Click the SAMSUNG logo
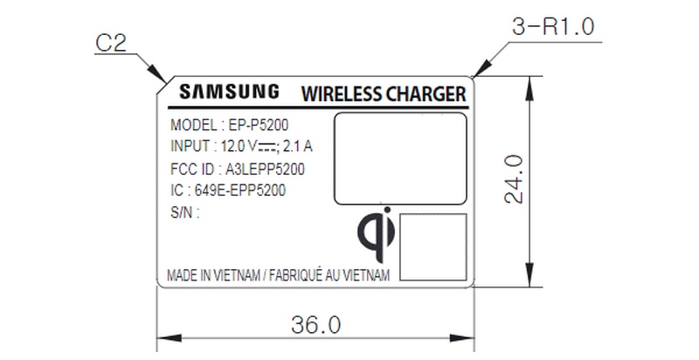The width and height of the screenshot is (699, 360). click(230, 91)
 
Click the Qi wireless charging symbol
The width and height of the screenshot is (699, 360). click(377, 238)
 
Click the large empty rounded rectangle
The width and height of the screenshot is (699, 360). click(399, 157)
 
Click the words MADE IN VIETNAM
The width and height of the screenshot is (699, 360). click(214, 275)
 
